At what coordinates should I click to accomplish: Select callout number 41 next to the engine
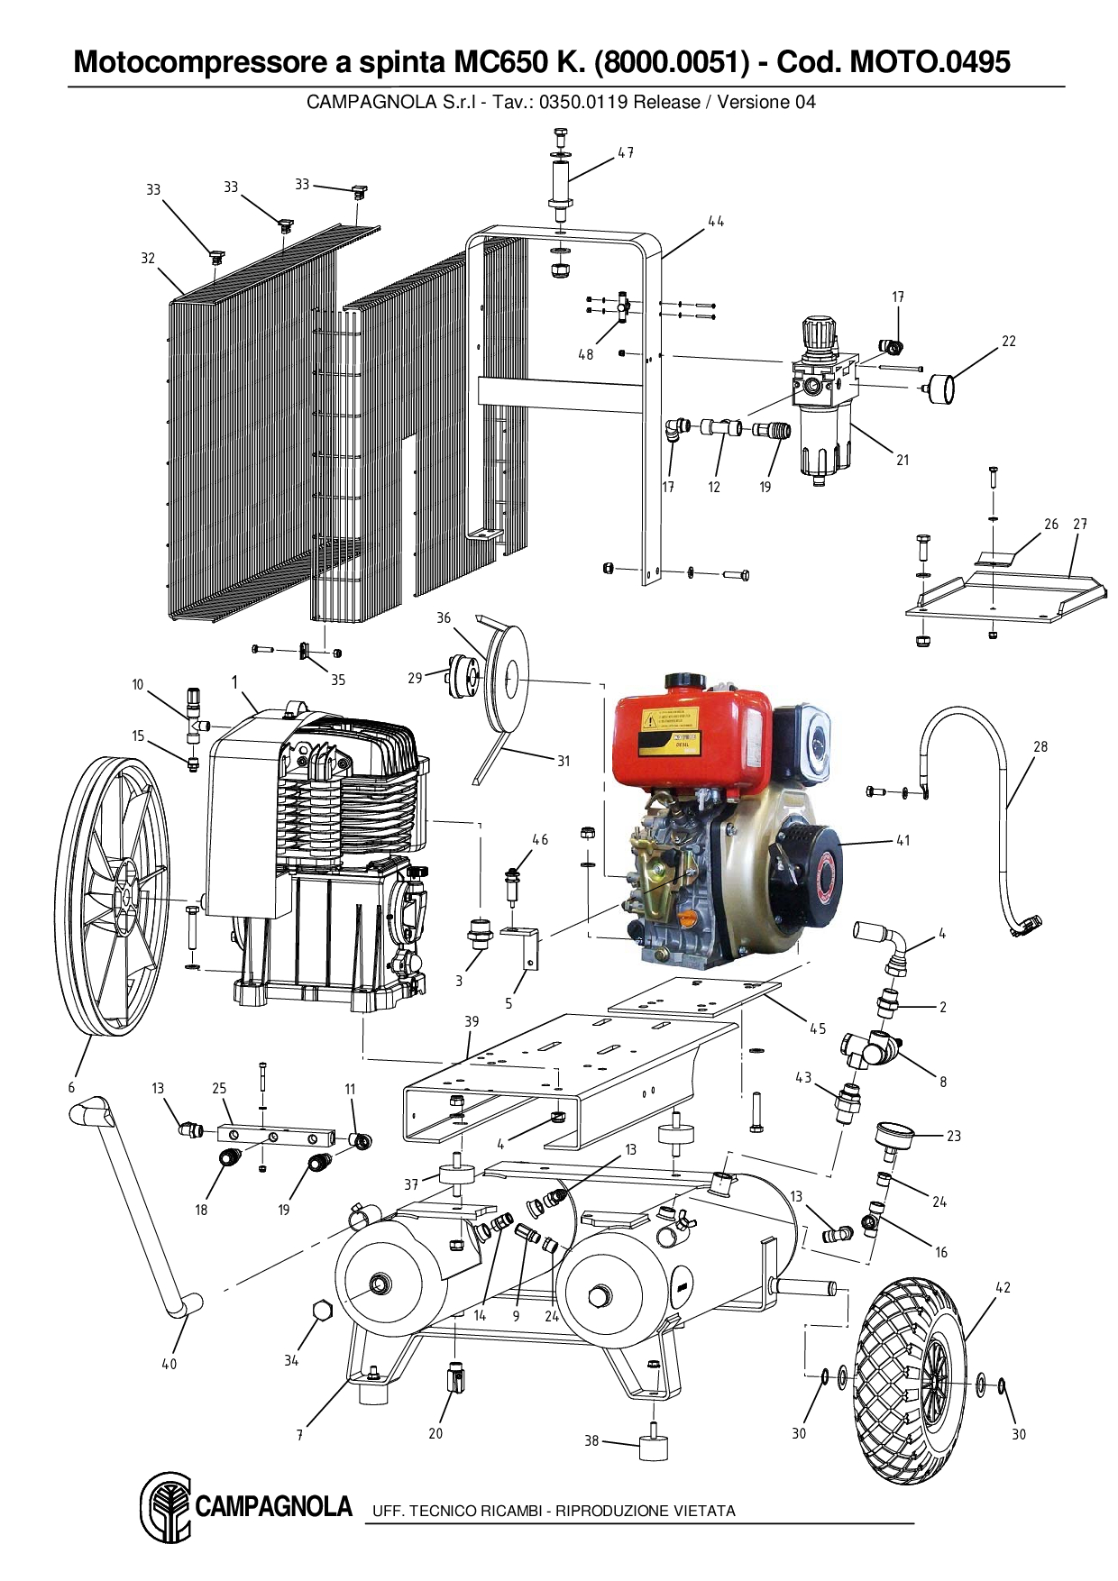pyautogui.click(x=903, y=840)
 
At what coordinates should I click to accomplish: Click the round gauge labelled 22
pyautogui.click(x=943, y=389)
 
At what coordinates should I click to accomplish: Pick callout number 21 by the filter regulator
pyautogui.click(x=903, y=460)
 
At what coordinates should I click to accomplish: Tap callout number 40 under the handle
pyautogui.click(x=169, y=1364)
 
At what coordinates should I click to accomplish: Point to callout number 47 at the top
pyautogui.click(x=625, y=153)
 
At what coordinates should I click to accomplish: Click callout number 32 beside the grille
pyautogui.click(x=148, y=258)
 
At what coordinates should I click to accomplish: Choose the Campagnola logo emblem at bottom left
pyautogui.click(x=166, y=1508)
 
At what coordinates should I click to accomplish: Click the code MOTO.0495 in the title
pyautogui.click(x=930, y=62)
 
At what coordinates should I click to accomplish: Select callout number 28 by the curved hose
pyautogui.click(x=1040, y=746)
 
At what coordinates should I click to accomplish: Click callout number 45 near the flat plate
pyautogui.click(x=817, y=1028)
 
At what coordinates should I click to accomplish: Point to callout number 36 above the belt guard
pyautogui.click(x=444, y=617)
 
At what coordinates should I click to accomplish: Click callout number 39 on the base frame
pyautogui.click(x=472, y=1021)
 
